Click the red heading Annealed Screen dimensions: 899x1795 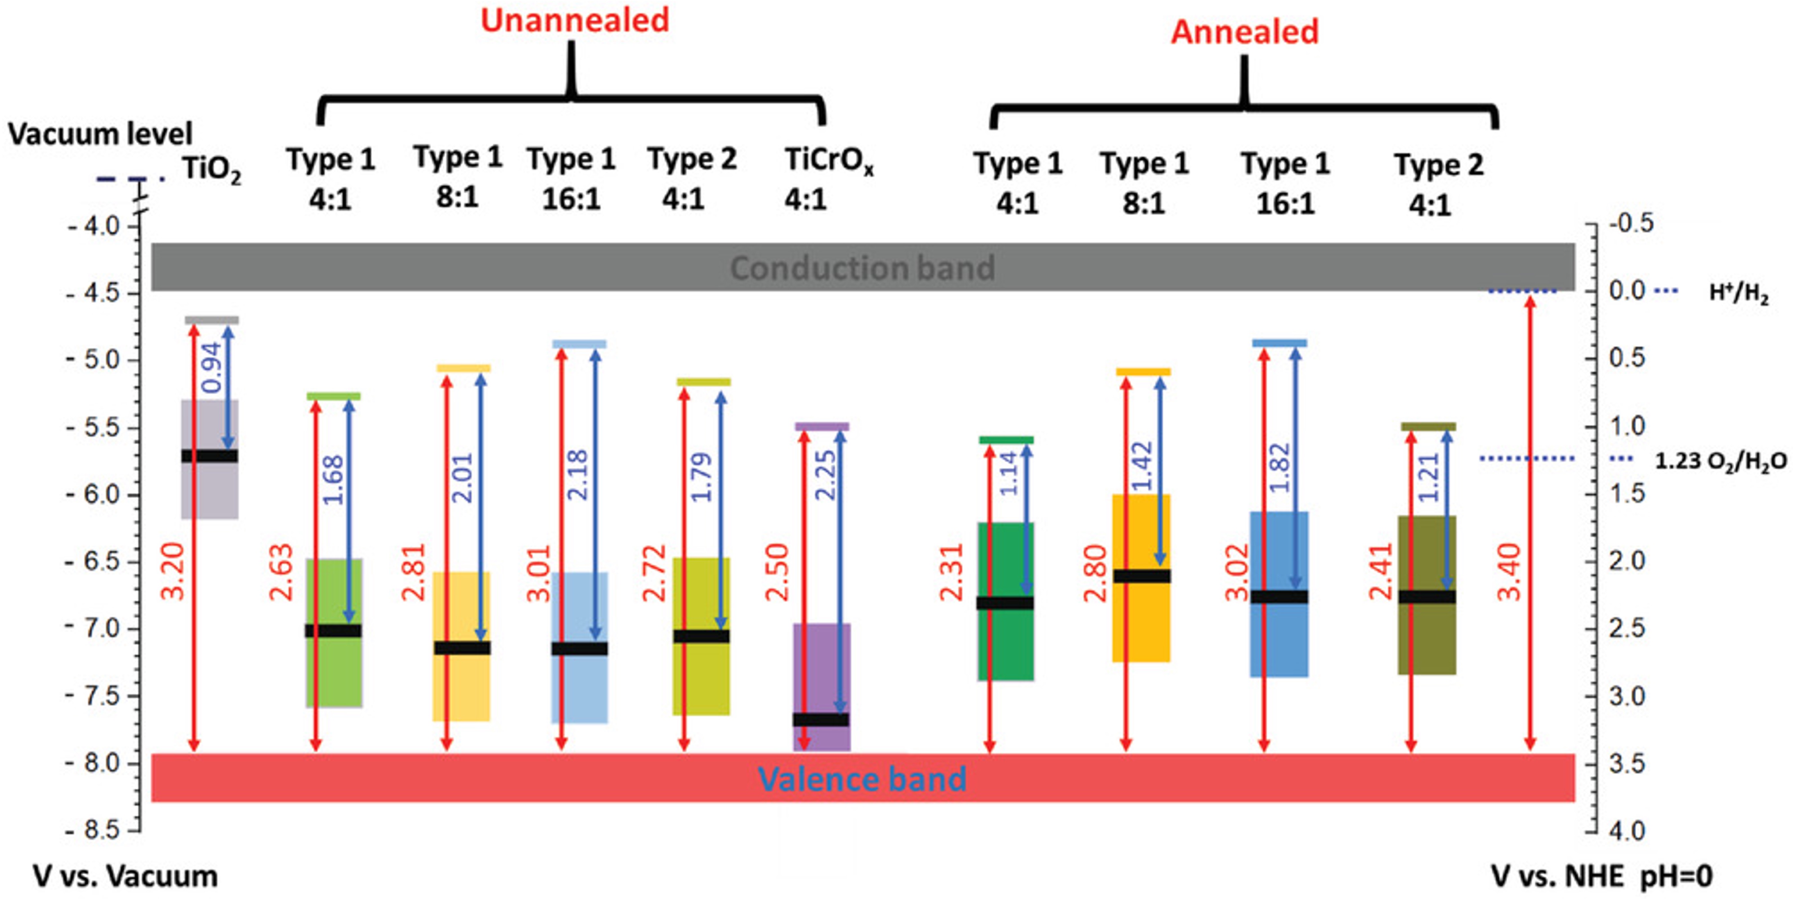[x=1244, y=32]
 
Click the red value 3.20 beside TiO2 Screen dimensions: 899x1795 [x=173, y=571]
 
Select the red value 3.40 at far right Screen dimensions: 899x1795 [x=1509, y=571]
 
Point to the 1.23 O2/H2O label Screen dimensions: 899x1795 [x=1720, y=461]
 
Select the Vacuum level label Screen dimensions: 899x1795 [x=99, y=134]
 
